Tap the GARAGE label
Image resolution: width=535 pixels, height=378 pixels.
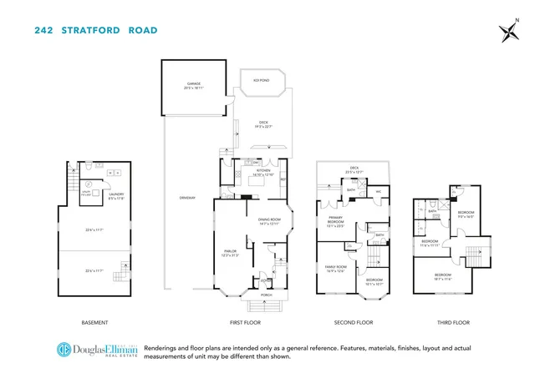tap(195, 84)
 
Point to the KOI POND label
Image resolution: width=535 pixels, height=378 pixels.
tap(261, 80)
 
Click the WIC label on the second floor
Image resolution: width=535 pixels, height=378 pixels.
tap(379, 191)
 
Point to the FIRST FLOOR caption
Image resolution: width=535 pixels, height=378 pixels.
tap(251, 322)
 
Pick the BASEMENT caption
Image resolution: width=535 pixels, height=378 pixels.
tap(94, 322)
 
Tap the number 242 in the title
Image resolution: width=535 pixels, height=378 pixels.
tap(47, 31)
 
